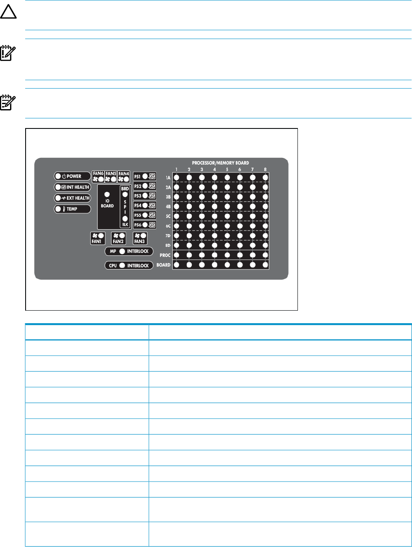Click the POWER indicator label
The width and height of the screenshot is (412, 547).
click(72, 176)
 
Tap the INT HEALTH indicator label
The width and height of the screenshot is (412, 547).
click(72, 187)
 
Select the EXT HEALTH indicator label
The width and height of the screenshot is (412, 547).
click(72, 198)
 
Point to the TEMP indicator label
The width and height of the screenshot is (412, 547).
click(72, 209)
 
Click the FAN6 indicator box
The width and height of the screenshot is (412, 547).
click(98, 176)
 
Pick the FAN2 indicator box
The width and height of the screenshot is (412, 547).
click(118, 238)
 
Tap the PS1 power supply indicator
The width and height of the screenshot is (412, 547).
click(145, 176)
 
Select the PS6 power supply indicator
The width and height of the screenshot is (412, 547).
click(145, 225)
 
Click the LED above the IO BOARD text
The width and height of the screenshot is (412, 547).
click(107, 194)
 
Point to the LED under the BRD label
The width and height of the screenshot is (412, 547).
click(125, 195)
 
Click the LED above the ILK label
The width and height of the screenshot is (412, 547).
click(125, 219)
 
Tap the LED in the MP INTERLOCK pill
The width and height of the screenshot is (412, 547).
click(122, 251)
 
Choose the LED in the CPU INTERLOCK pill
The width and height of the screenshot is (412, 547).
click(122, 266)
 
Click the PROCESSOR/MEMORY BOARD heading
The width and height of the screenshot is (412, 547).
click(220, 163)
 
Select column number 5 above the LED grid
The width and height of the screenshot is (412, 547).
click(227, 170)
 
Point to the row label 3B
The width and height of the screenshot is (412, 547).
click(168, 197)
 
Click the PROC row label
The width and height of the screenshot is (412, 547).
click(165, 255)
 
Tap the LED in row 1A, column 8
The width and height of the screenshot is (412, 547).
click(265, 178)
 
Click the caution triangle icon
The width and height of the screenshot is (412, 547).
click(8, 13)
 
